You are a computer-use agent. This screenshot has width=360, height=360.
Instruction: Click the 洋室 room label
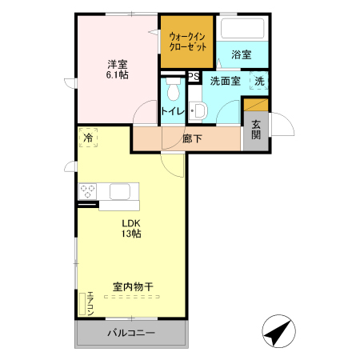pos(118,63)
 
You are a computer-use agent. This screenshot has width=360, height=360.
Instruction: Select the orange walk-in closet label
pos(186,41)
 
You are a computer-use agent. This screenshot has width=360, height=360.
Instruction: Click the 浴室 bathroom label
pos(241,55)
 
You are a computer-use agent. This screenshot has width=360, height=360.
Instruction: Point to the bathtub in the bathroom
pos(242,30)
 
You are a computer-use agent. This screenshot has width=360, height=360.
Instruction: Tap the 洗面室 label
pos(226,82)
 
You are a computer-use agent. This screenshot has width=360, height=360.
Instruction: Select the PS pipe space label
pos(193,77)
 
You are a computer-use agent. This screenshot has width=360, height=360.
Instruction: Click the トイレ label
pos(173,111)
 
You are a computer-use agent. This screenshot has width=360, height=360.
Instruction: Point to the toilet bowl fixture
pos(170,88)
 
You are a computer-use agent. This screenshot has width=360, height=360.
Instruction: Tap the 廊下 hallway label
pos(192,138)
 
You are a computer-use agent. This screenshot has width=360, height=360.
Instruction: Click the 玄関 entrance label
pos(255,130)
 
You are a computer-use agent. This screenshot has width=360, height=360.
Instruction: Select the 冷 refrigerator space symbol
pos(88,138)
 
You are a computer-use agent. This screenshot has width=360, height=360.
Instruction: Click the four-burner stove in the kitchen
pos(88,192)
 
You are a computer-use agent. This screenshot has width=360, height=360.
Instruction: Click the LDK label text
pos(130,223)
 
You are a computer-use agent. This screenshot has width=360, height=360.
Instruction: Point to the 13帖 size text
pos(131,234)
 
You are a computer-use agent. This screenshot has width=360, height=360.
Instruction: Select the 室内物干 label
pos(133,286)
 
